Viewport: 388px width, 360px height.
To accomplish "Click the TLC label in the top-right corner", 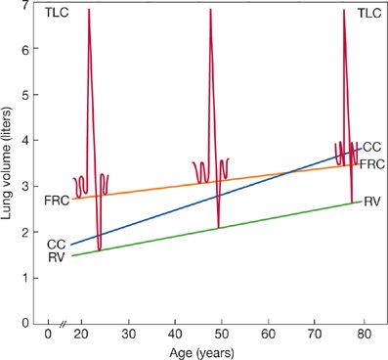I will [370, 13].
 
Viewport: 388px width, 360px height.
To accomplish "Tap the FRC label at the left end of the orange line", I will [57, 200].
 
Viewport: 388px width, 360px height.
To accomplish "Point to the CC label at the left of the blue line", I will [57, 244].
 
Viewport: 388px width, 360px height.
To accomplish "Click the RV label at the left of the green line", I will [57, 257].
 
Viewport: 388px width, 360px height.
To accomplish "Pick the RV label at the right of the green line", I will [371, 202].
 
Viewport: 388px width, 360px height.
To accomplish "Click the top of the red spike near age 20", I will [89, 10].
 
